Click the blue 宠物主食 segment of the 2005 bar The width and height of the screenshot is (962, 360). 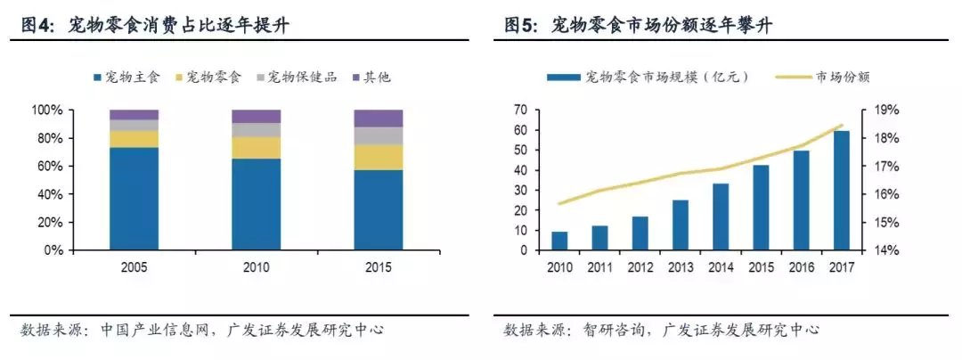134,199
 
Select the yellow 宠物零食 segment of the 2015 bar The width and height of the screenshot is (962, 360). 378,157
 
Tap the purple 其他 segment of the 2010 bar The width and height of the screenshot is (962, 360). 256,116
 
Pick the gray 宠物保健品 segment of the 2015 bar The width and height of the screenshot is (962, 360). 378,135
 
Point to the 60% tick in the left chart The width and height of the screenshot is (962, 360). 50,167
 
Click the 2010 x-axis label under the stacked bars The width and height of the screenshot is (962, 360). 256,266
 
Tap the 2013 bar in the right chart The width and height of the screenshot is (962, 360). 680,225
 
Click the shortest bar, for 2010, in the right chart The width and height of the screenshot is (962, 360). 559,241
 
